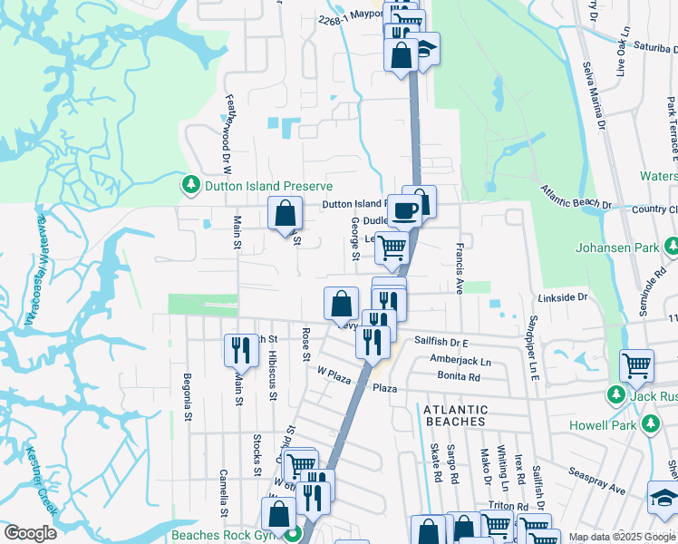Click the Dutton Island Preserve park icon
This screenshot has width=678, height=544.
click(190, 186)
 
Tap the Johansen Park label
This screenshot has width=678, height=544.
click(619, 247)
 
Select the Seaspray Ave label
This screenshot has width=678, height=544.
click(597, 481)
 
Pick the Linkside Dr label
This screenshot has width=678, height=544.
click(563, 297)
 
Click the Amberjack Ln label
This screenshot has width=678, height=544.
click(460, 360)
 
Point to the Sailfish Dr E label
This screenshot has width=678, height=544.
click(441, 343)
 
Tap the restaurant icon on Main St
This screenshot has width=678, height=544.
click(241, 351)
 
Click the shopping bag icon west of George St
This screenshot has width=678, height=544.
click(285, 215)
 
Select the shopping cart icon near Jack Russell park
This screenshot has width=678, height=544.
click(636, 366)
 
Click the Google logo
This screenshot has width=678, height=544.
click(31, 533)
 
